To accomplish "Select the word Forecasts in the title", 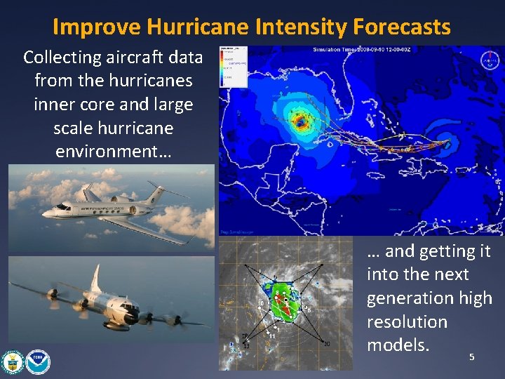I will coord(402,27).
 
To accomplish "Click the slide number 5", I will coord(471,357).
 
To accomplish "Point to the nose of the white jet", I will coord(46,211).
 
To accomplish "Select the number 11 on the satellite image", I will coord(271,336).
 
